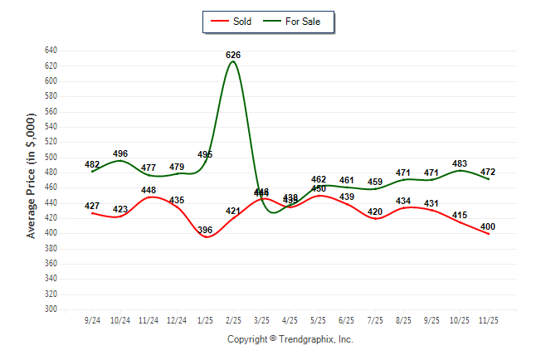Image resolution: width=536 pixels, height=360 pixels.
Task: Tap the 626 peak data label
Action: (x=233, y=55)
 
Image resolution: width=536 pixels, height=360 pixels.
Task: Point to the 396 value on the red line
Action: (x=205, y=230)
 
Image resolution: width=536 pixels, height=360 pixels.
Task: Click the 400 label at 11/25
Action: (x=489, y=226)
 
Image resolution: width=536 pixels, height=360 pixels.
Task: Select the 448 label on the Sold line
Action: (x=149, y=190)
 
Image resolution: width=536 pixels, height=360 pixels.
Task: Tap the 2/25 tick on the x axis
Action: (x=233, y=319)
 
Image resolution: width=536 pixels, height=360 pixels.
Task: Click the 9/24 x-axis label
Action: (x=92, y=319)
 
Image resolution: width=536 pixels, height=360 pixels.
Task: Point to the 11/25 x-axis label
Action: (x=489, y=319)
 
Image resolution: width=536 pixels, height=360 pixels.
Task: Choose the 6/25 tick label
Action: (x=347, y=319)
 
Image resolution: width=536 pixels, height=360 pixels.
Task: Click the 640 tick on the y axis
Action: (x=51, y=51)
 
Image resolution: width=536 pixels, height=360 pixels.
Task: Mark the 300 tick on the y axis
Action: (x=51, y=309)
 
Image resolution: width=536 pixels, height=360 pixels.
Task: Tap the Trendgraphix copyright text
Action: (x=290, y=339)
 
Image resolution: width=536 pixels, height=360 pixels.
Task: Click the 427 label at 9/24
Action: (x=92, y=206)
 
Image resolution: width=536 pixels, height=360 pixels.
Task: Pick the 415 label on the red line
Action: (x=460, y=215)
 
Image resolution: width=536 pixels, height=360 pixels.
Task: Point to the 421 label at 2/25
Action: (x=233, y=211)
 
